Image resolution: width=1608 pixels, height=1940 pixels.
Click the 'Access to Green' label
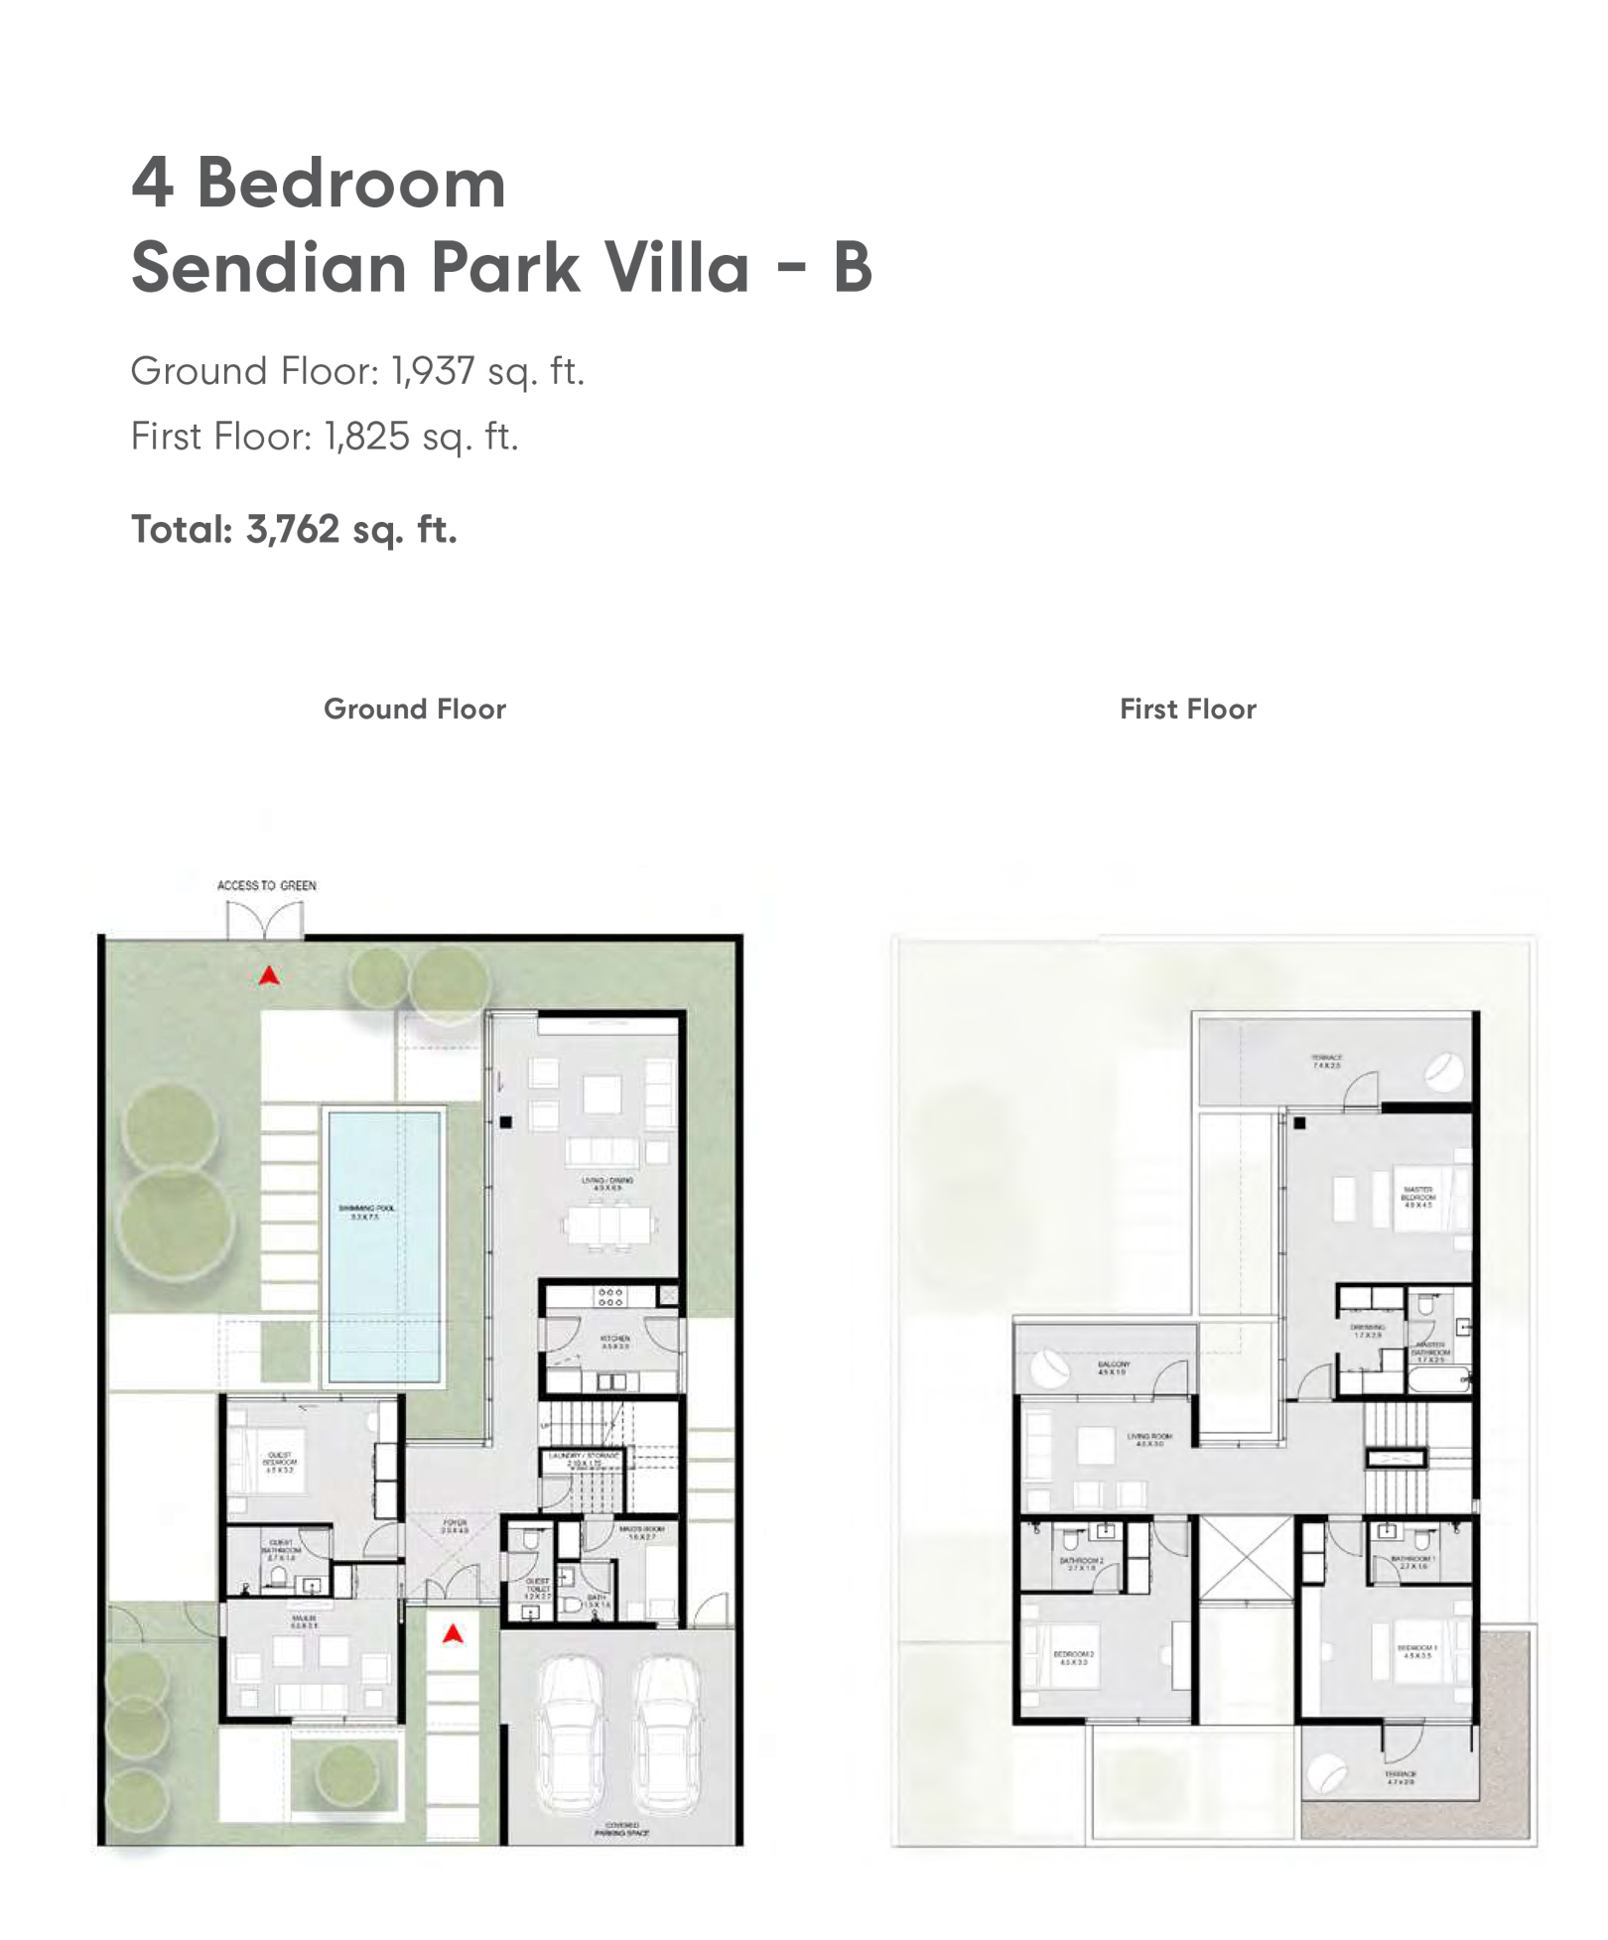click(x=266, y=885)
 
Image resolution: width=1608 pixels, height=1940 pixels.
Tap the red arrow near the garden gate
click(x=269, y=976)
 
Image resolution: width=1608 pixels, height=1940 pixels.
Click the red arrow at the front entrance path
click(x=453, y=1633)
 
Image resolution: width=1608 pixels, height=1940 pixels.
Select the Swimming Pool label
click(x=366, y=1212)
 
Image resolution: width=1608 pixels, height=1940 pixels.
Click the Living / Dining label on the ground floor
click(x=606, y=1183)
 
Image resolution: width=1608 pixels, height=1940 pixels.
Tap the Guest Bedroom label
click(x=279, y=1462)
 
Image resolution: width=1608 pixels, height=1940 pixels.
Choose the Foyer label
click(x=455, y=1526)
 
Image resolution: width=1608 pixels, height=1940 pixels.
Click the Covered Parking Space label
click(x=621, y=1829)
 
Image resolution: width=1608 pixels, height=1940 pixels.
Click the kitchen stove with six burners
click(x=609, y=1297)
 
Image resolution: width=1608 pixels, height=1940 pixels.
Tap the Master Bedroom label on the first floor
click(x=1417, y=1196)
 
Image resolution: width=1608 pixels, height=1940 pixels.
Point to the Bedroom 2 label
click(x=1073, y=1657)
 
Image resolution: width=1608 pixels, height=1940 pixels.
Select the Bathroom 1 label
click(x=1413, y=1562)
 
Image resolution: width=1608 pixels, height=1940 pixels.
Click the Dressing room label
click(x=1367, y=1331)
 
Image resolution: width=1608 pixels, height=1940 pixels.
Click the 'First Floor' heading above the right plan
click(x=1187, y=709)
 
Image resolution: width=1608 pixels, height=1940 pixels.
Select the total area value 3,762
click(x=293, y=529)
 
